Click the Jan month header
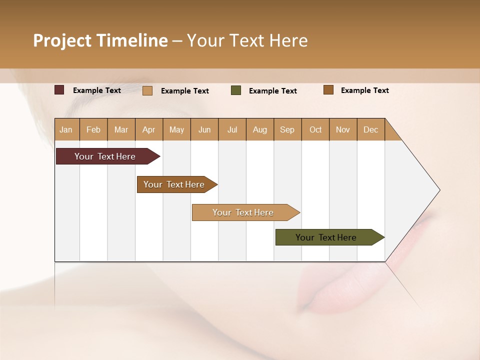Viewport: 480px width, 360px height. click(66, 129)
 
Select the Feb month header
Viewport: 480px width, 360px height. click(93, 129)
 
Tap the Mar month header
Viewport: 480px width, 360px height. click(121, 129)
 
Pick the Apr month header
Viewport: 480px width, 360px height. click(149, 129)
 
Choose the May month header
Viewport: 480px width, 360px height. click(176, 129)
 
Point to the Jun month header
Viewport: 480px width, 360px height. click(204, 129)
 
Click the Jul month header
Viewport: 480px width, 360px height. click(232, 129)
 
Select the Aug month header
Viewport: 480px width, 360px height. click(260, 129)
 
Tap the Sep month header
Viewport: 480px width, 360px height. click(287, 129)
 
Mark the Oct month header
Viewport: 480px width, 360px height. click(315, 129)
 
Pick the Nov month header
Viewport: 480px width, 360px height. click(343, 129)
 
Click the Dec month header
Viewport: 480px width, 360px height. click(370, 129)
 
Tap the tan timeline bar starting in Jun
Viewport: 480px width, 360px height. click(243, 212)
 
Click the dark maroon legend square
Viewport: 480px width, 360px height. click(59, 90)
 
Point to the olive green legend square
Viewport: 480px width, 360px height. click(236, 90)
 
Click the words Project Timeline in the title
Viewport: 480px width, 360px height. click(100, 40)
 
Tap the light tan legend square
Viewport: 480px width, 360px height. click(147, 90)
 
